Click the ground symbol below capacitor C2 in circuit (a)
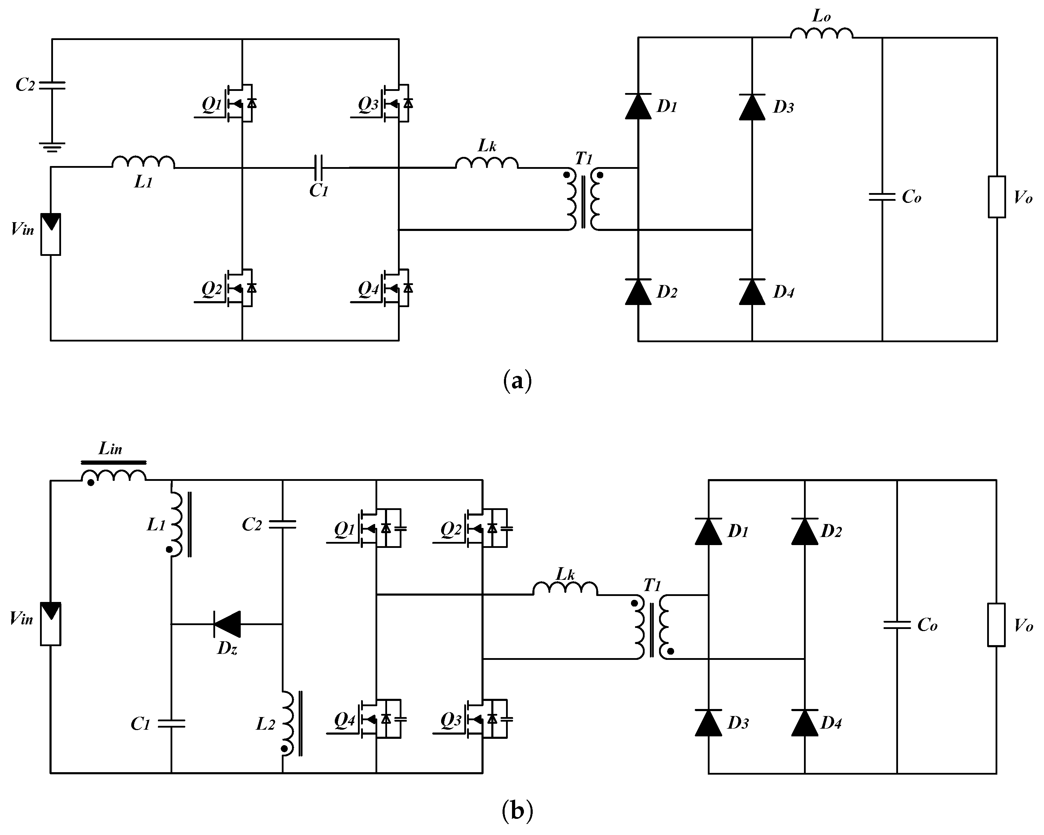click(52, 147)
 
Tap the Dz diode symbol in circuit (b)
click(227, 624)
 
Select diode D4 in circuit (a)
click(752, 292)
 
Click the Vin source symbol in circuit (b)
click(51, 624)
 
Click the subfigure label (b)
click(518, 810)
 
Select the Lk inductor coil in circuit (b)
click(565, 589)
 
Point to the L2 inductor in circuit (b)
click(288, 723)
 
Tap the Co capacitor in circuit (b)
click(897, 625)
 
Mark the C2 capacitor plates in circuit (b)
click(282, 524)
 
